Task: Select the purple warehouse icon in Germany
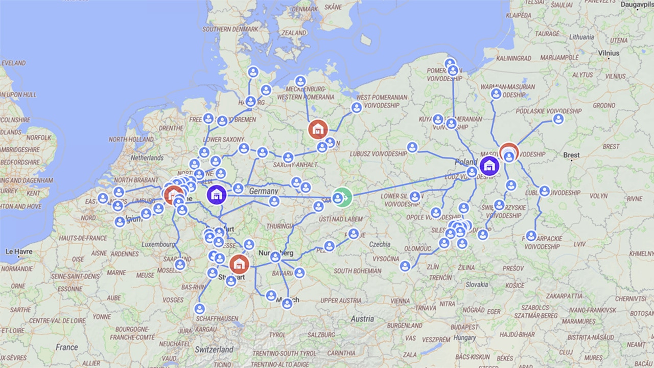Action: coord(217,195)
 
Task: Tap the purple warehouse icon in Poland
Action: coord(489,166)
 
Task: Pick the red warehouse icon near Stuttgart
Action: coord(239,264)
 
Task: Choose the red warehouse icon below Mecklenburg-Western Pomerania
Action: coord(318,129)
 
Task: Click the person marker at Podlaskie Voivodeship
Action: coord(558,119)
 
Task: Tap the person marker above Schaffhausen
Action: coord(200,309)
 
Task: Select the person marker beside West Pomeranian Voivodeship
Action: coord(357,107)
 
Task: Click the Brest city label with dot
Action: coord(571,155)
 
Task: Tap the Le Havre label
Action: coord(19,252)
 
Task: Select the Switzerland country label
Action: coord(214,350)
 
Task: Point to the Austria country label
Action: coord(362,319)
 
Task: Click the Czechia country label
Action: coord(380,244)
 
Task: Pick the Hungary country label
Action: coord(464,338)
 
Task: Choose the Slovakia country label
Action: coord(477,284)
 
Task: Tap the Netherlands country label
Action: coord(147,158)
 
